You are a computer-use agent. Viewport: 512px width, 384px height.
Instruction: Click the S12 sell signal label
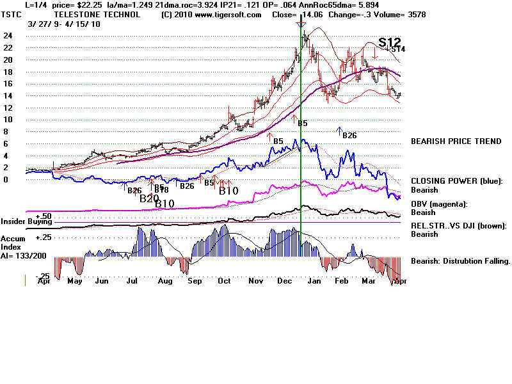click(x=389, y=42)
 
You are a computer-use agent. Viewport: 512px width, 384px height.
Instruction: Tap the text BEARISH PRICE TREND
click(x=456, y=141)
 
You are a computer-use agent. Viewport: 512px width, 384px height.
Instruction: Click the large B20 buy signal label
click(x=149, y=198)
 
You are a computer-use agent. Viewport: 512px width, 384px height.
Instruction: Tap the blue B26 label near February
click(x=349, y=135)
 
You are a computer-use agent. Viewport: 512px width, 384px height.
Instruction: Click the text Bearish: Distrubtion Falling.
click(x=460, y=261)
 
